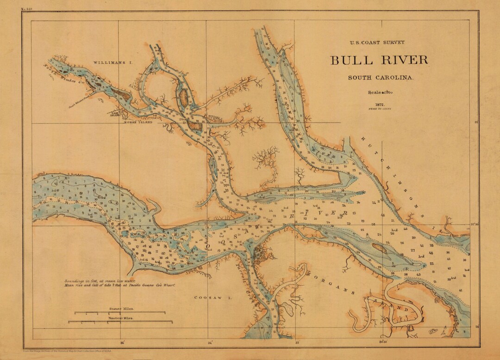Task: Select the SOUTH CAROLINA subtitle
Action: [381, 78]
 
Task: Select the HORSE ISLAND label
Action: [137, 122]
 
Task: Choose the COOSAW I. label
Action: [206, 298]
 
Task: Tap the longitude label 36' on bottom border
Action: [122, 343]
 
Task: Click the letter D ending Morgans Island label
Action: [406, 309]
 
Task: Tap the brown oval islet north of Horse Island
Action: [183, 97]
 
